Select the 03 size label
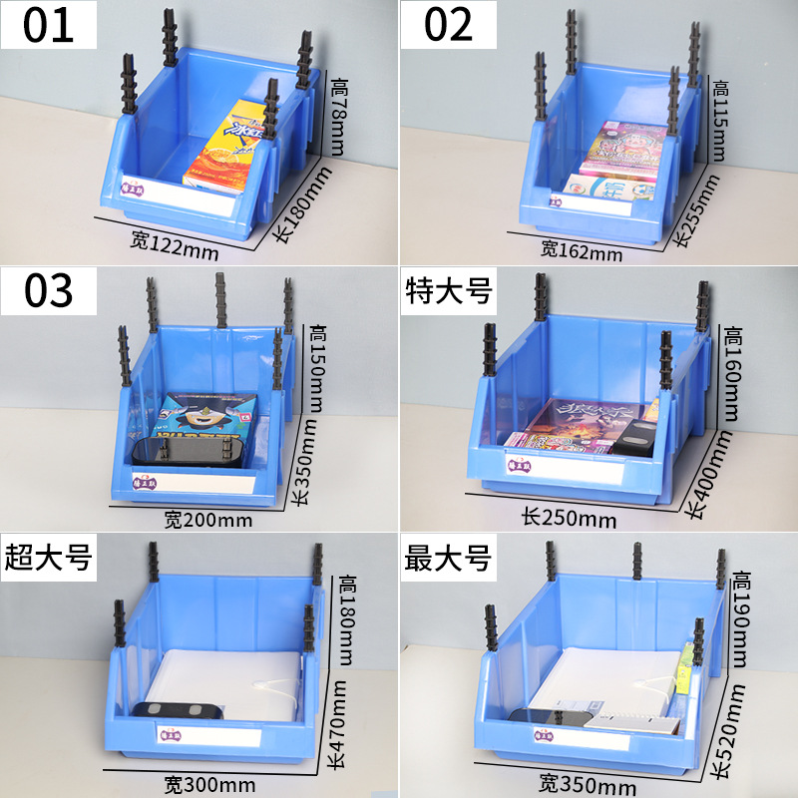[x=50, y=289]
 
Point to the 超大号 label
[x=48, y=557]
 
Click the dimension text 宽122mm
[x=174, y=244]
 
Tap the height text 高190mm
[x=741, y=618]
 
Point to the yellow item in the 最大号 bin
[x=685, y=668]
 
